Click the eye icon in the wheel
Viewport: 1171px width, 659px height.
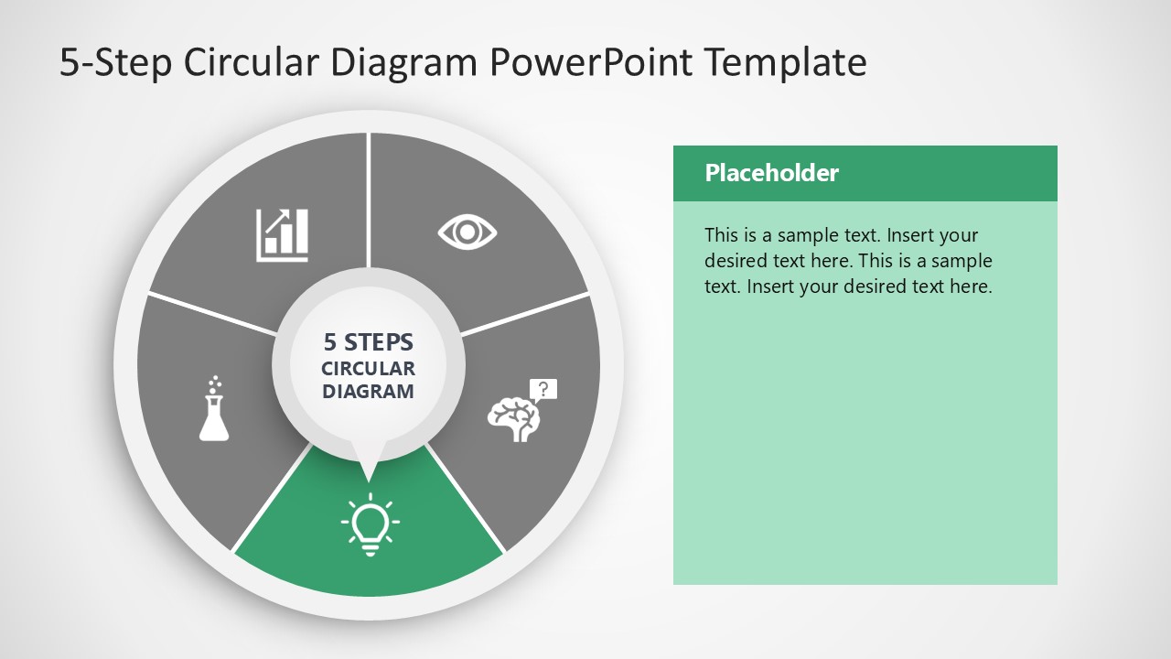467,232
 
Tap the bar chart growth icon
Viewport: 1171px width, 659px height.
282,234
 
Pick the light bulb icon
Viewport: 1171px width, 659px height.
370,524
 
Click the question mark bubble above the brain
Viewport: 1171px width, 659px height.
543,389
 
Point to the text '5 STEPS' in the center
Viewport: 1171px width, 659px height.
369,342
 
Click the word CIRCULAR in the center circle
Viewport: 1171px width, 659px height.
369,369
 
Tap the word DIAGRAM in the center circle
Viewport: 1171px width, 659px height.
369,392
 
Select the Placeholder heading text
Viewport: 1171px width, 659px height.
771,173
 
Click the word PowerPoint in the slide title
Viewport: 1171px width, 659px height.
592,62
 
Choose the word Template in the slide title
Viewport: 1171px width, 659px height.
786,62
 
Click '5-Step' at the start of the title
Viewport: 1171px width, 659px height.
116,62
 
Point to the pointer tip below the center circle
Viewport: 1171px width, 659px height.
369,476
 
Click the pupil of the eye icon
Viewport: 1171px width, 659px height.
467,232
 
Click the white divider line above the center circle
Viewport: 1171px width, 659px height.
369,201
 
